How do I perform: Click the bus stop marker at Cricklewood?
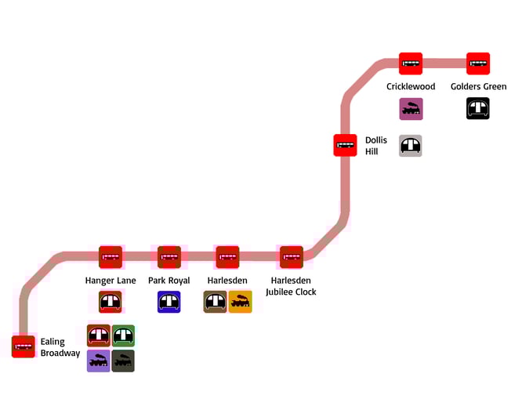coord(411,63)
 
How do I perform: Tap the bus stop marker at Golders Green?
coord(478,63)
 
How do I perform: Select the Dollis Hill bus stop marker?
coord(345,145)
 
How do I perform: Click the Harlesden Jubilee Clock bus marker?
coord(292,257)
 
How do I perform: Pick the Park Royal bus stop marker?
coord(169,257)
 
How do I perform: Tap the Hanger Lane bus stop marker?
coord(111,257)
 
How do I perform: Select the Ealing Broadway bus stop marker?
coord(24,346)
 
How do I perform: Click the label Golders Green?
coord(478,86)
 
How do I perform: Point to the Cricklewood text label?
coord(411,86)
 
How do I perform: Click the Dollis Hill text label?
coord(376,146)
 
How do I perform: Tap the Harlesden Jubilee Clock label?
coord(291,286)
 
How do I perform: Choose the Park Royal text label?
coord(169,281)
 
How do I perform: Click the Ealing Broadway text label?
coord(60,347)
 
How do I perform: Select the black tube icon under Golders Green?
coord(478,108)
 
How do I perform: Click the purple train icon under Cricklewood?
coord(411,109)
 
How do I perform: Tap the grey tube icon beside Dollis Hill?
coord(411,145)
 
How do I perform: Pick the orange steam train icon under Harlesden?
coord(241,302)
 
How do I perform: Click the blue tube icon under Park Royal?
coord(169,302)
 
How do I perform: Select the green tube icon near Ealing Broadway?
coord(123,336)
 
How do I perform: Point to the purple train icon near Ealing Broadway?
coord(99,361)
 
